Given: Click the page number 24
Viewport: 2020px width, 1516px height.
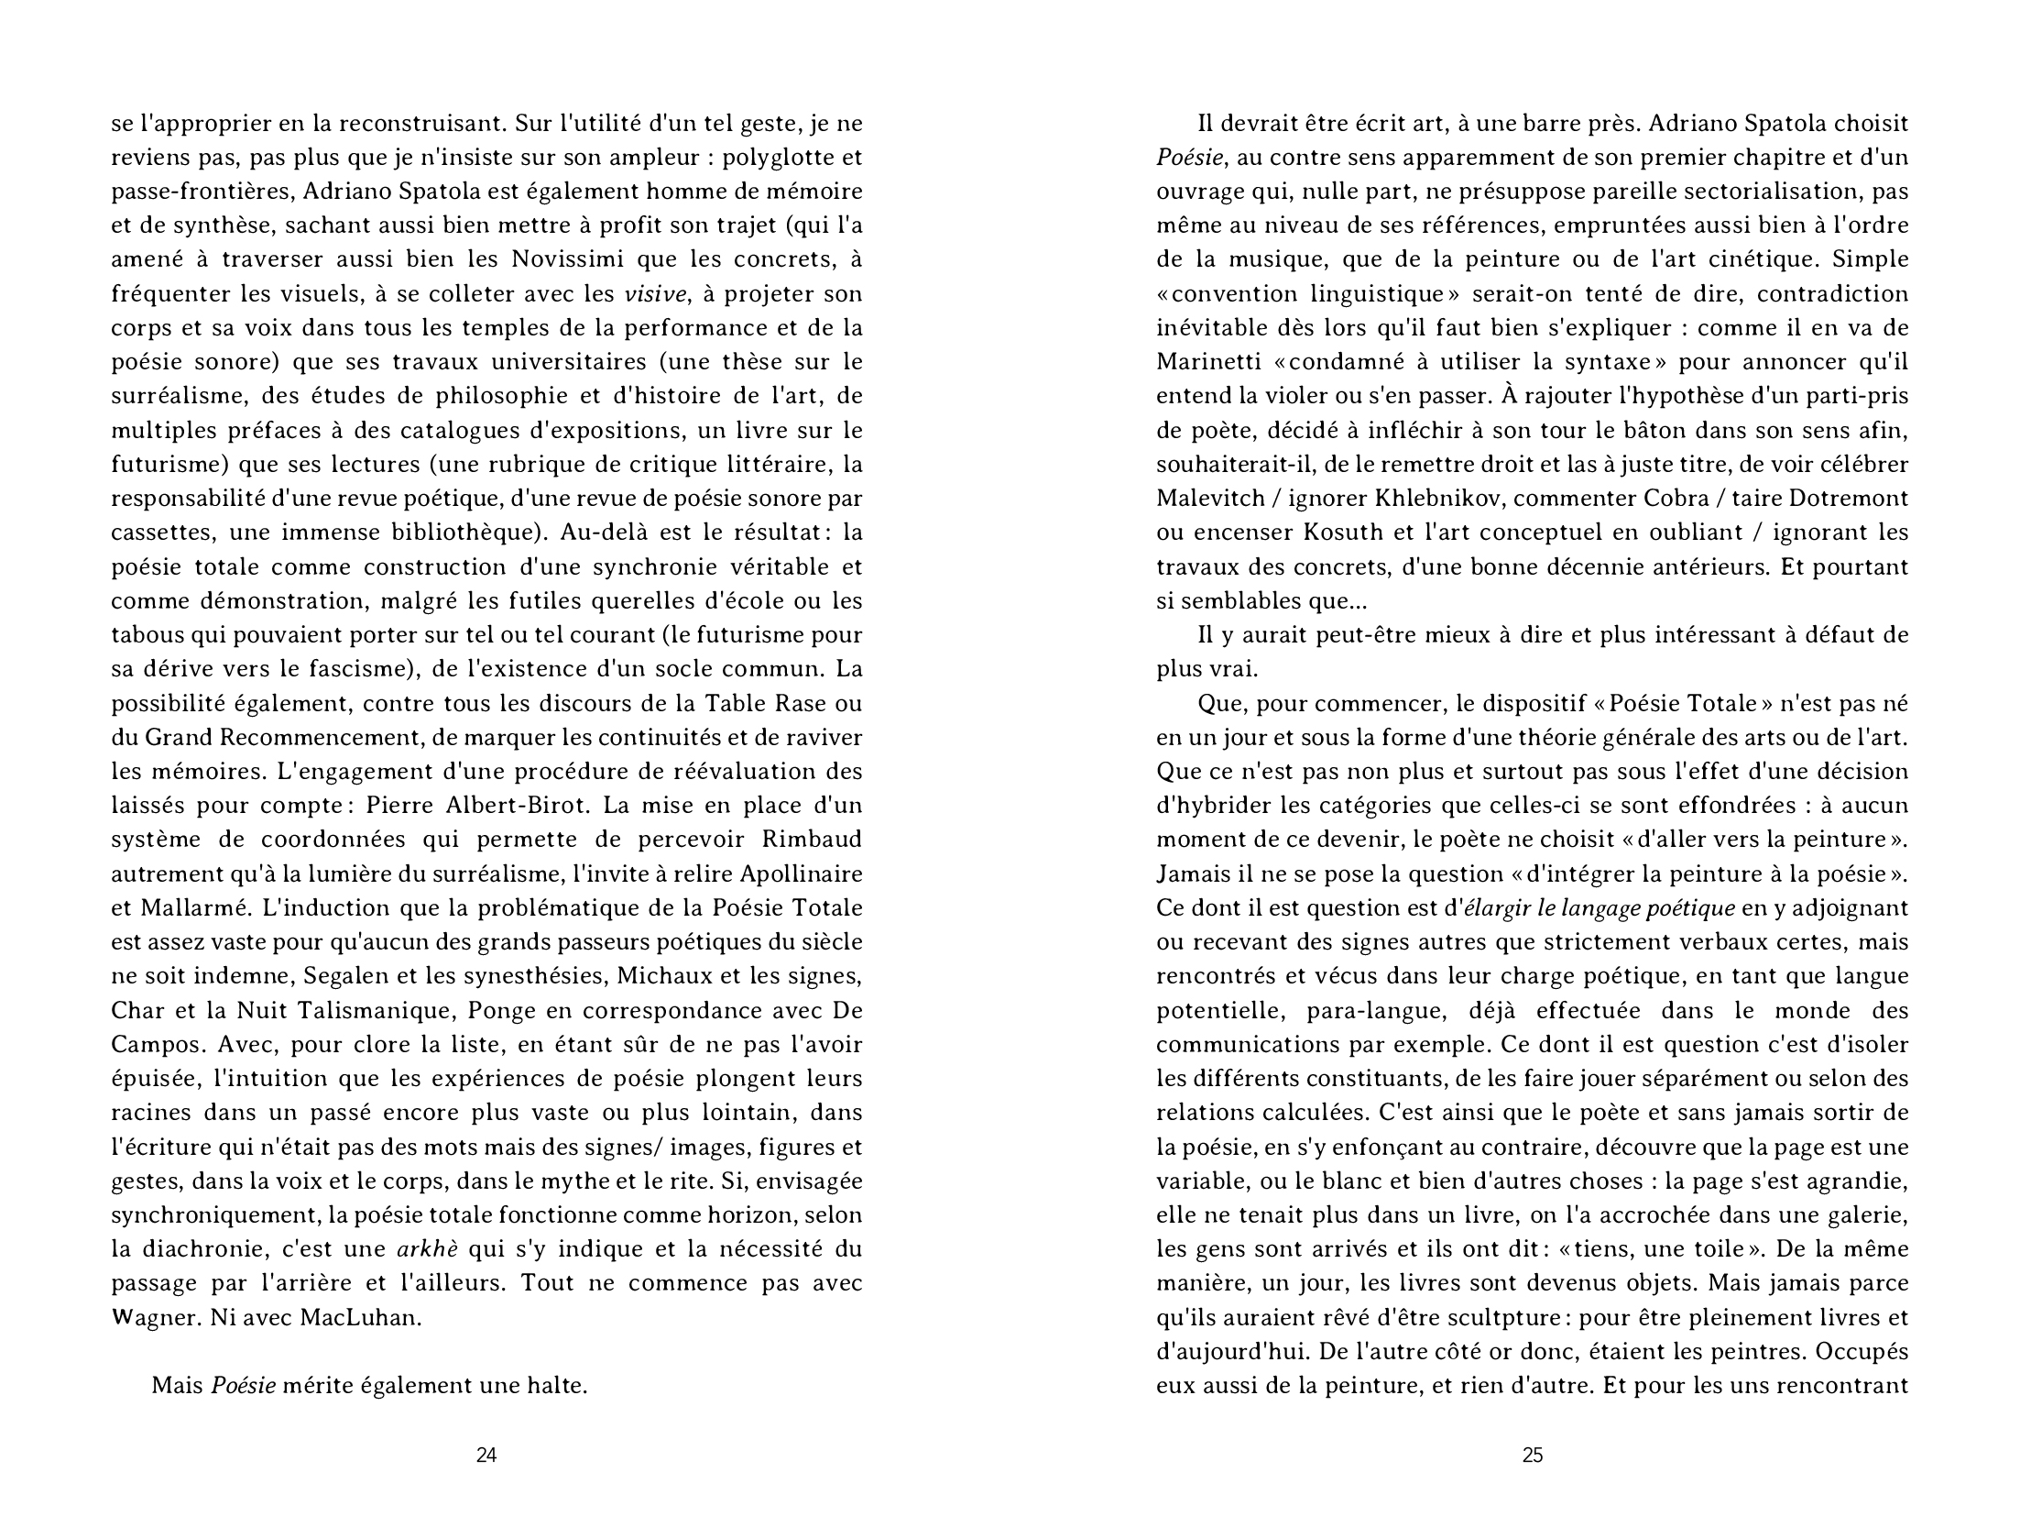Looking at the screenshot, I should click(x=486, y=1455).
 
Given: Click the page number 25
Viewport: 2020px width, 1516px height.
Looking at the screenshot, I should click(x=1533, y=1455).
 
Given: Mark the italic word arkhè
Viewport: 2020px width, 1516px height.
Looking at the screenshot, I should click(x=427, y=1249).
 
